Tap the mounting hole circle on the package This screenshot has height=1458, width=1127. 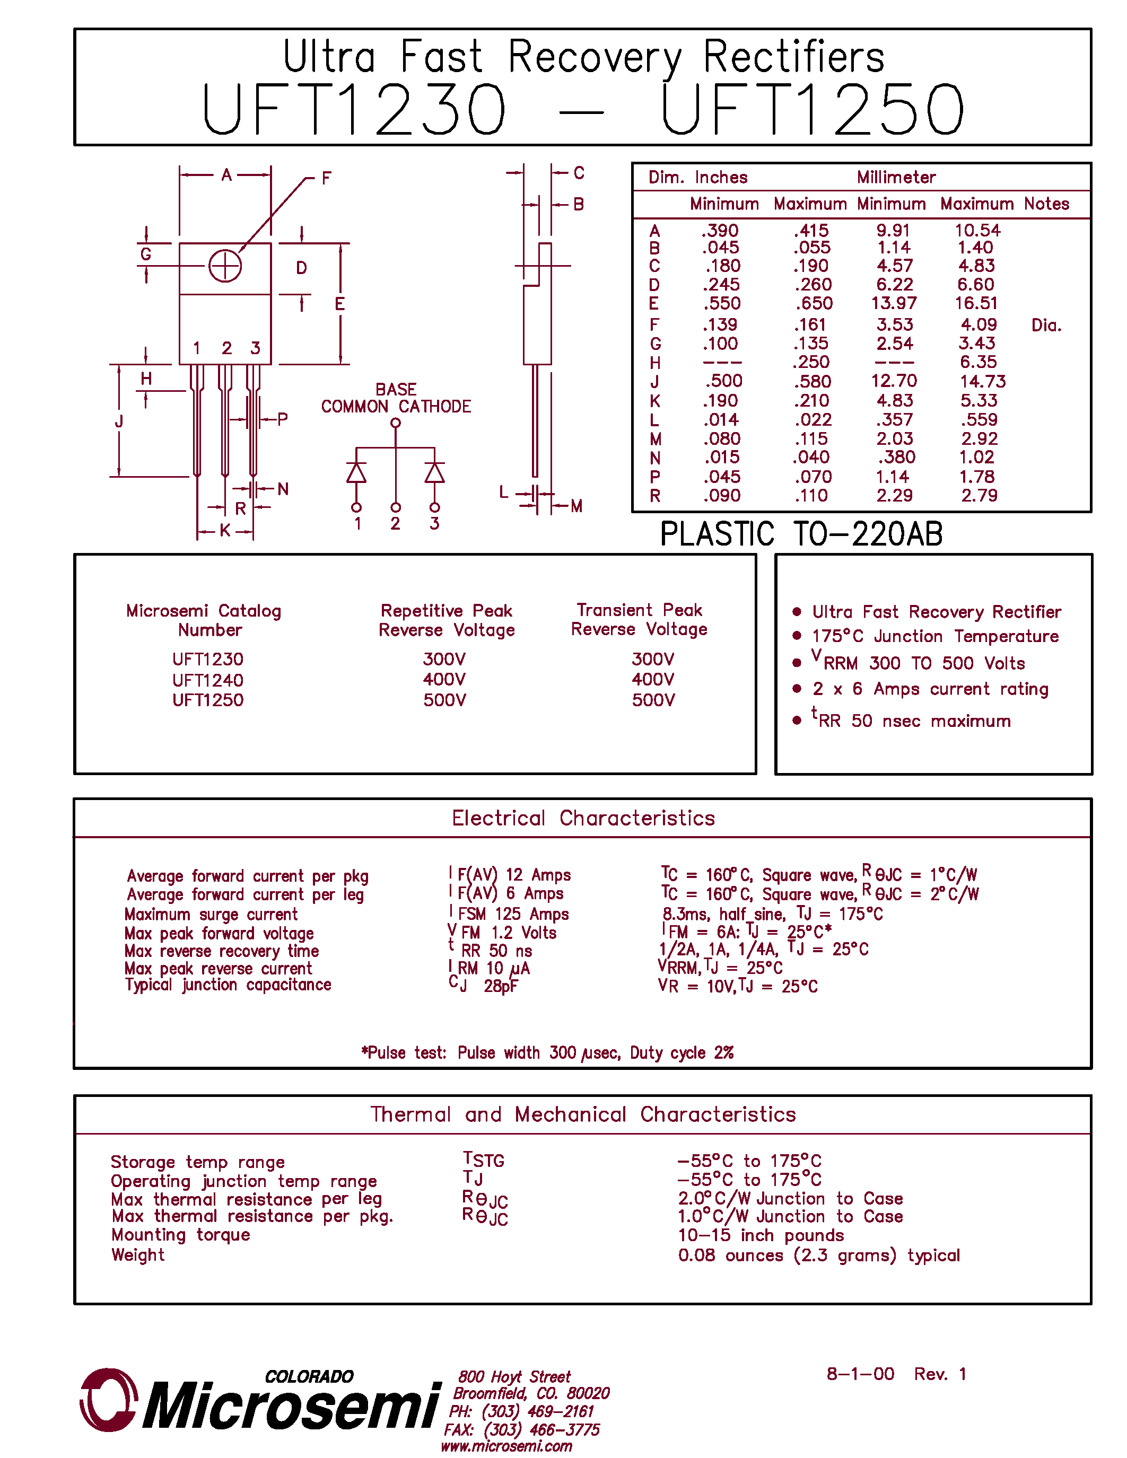[225, 266]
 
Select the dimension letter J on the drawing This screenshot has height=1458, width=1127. [119, 421]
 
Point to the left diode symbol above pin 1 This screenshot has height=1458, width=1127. [356, 472]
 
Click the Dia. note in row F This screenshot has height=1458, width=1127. [1045, 325]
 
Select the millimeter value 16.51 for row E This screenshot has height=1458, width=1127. [975, 304]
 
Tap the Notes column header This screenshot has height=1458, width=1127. [1046, 204]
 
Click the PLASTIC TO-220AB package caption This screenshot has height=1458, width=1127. [801, 534]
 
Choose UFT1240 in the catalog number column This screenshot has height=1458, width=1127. [208, 680]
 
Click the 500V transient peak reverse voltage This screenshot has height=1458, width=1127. [653, 700]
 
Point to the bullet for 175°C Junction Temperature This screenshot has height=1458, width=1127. [797, 636]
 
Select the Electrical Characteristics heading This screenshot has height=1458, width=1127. [583, 819]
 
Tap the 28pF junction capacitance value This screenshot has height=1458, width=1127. [500, 986]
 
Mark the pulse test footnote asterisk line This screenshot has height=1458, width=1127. [547, 1053]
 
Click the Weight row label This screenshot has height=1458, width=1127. [137, 1255]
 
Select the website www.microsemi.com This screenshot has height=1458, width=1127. [506, 1446]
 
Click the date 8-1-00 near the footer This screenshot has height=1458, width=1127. [860, 1374]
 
